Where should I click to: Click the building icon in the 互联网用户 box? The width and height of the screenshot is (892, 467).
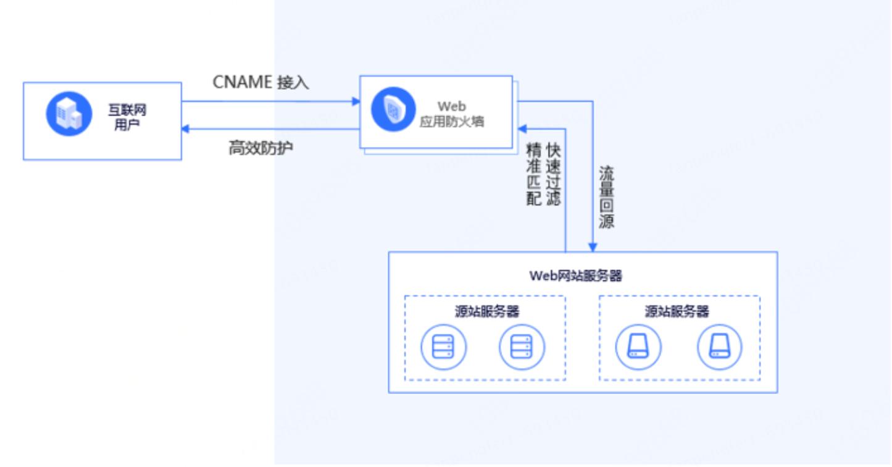point(69,114)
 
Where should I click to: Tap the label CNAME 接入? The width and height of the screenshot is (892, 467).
point(261,82)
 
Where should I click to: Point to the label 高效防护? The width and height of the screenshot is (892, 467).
point(261,149)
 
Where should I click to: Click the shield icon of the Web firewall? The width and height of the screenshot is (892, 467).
point(393,109)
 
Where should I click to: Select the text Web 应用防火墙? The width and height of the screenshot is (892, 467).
point(452,114)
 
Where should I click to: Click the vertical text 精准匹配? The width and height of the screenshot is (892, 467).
point(533,174)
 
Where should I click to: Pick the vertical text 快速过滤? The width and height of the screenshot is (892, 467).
point(553,174)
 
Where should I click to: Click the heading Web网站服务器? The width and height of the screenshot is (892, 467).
point(575,276)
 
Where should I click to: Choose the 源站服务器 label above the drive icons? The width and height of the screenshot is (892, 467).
point(677,311)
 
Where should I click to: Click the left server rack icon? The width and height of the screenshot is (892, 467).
point(443,347)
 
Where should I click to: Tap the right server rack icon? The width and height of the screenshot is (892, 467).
point(522,347)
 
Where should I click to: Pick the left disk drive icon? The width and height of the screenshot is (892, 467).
point(638,347)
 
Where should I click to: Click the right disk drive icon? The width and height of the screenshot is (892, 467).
point(720,347)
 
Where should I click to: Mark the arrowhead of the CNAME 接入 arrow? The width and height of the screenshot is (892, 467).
point(356,101)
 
